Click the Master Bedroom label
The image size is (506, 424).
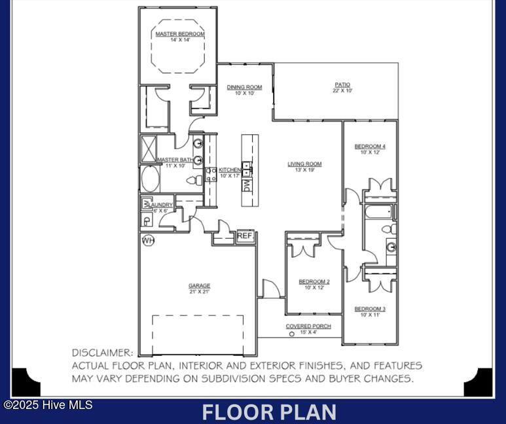click(x=180, y=34)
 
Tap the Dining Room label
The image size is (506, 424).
click(x=244, y=87)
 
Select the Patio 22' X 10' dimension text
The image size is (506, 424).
click(x=342, y=91)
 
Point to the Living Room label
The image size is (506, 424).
click(x=304, y=164)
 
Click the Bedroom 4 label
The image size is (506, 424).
click(x=370, y=147)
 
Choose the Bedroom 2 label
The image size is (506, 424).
click(x=314, y=282)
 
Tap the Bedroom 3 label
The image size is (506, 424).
click(x=370, y=309)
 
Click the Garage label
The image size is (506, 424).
click(x=200, y=285)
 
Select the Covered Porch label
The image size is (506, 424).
click(x=308, y=327)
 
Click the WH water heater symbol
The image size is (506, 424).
click(x=149, y=240)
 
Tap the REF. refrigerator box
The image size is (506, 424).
click(x=245, y=236)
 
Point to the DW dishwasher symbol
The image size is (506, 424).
click(x=247, y=186)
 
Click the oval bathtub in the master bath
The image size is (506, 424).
click(x=151, y=179)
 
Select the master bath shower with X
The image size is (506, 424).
click(x=149, y=149)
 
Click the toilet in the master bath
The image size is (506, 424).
click(x=194, y=181)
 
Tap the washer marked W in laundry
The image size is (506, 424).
click(x=147, y=204)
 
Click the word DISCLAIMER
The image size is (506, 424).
click(x=103, y=353)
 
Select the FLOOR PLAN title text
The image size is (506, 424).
click(x=270, y=412)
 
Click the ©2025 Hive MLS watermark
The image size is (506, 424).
click(x=48, y=404)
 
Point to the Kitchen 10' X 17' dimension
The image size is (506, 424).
click(x=230, y=176)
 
